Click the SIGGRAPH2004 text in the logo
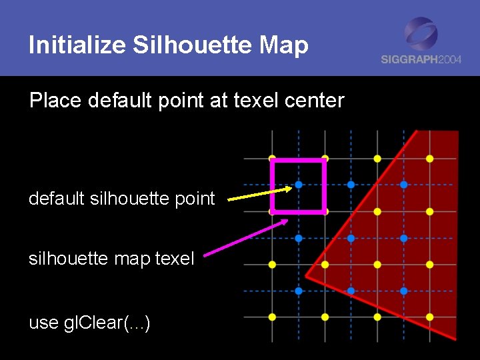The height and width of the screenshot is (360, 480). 421,59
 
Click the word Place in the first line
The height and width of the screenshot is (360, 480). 55,101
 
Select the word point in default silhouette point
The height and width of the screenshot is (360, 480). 194,199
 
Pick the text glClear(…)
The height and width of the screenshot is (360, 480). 107,323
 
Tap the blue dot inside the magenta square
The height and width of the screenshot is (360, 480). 299,185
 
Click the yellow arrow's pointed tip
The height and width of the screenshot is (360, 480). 291,188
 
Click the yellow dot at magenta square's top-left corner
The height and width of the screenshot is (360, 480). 272,159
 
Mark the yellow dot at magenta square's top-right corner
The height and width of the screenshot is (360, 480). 325,159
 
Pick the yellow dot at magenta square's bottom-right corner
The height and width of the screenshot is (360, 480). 325,211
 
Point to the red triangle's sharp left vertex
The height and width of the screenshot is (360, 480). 306,275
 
